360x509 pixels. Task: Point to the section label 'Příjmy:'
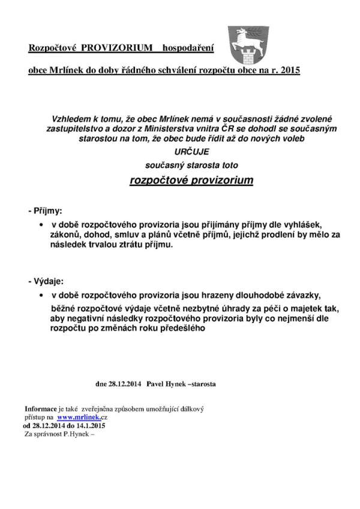coord(46,212)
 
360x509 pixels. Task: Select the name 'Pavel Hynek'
coord(166,382)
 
